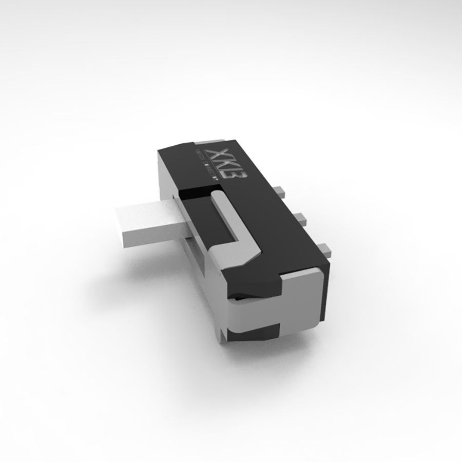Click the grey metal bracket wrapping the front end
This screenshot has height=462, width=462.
tap(303, 303)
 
